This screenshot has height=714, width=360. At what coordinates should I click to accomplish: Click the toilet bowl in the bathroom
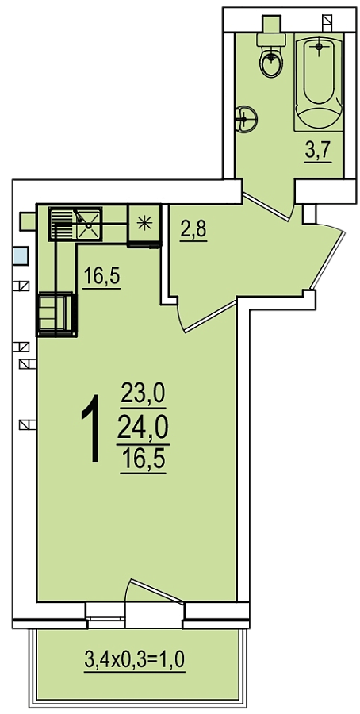(270, 61)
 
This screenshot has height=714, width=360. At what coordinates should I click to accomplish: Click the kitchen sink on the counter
(86, 223)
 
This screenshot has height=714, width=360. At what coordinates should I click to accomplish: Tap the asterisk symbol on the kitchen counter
(144, 221)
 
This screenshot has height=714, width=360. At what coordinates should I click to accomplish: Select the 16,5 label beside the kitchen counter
(101, 278)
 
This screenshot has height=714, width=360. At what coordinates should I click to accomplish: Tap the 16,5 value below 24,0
(143, 459)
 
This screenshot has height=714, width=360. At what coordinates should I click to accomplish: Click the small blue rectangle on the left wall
(20, 257)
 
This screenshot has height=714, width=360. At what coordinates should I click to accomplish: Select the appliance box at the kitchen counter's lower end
(57, 314)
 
